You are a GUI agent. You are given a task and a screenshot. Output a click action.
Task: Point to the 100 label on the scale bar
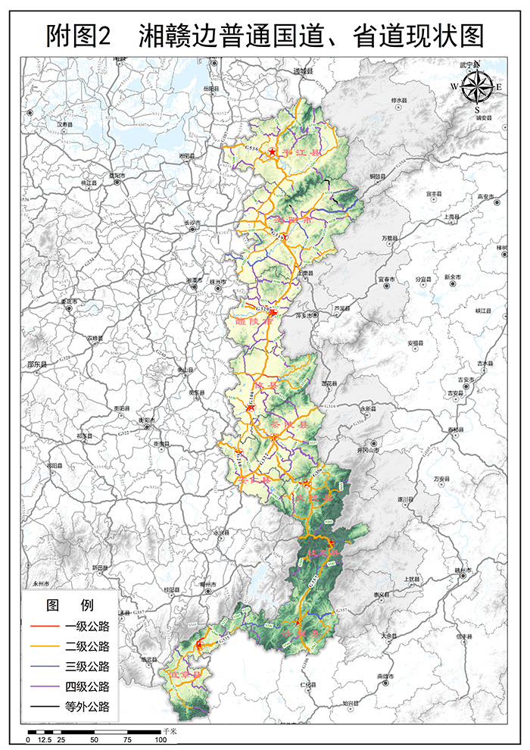click(x=161, y=739)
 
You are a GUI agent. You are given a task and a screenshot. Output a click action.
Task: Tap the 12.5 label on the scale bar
click(x=45, y=739)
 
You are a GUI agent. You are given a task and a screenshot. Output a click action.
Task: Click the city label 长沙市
click(x=192, y=222)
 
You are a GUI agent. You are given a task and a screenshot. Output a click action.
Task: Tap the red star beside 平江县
click(x=272, y=152)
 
